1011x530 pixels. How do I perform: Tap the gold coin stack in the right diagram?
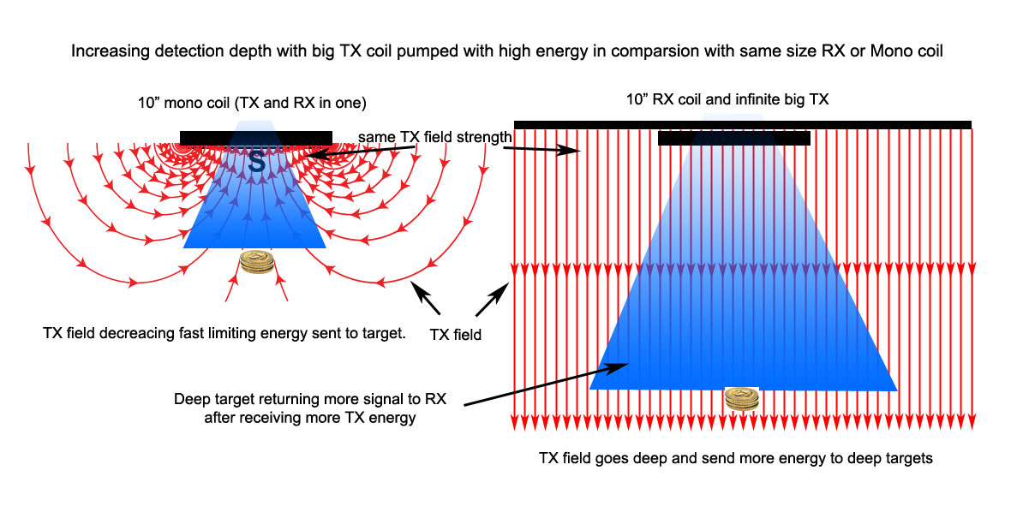(742, 400)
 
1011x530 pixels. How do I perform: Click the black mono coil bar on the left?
(255, 138)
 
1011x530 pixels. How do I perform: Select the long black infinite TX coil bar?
(742, 125)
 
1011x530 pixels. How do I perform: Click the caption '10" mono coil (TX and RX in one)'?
(252, 103)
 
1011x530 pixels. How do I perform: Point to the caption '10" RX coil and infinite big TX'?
(742, 100)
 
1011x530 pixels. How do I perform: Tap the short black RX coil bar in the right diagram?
(733, 139)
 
